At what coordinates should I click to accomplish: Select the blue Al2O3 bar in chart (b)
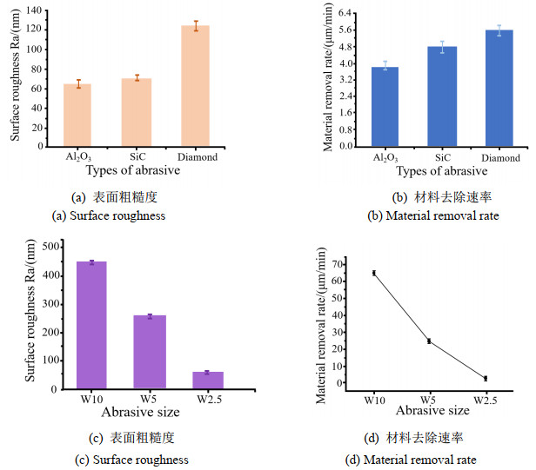385,107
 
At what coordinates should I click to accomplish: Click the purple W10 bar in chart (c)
91,325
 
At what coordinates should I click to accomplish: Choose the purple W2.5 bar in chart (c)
208,381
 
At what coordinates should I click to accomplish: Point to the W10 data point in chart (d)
374,273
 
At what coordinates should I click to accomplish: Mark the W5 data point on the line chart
429,341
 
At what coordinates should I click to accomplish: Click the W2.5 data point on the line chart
485,378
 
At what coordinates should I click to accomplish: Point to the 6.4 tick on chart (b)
345,13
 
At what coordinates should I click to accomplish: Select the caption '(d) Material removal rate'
424,459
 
